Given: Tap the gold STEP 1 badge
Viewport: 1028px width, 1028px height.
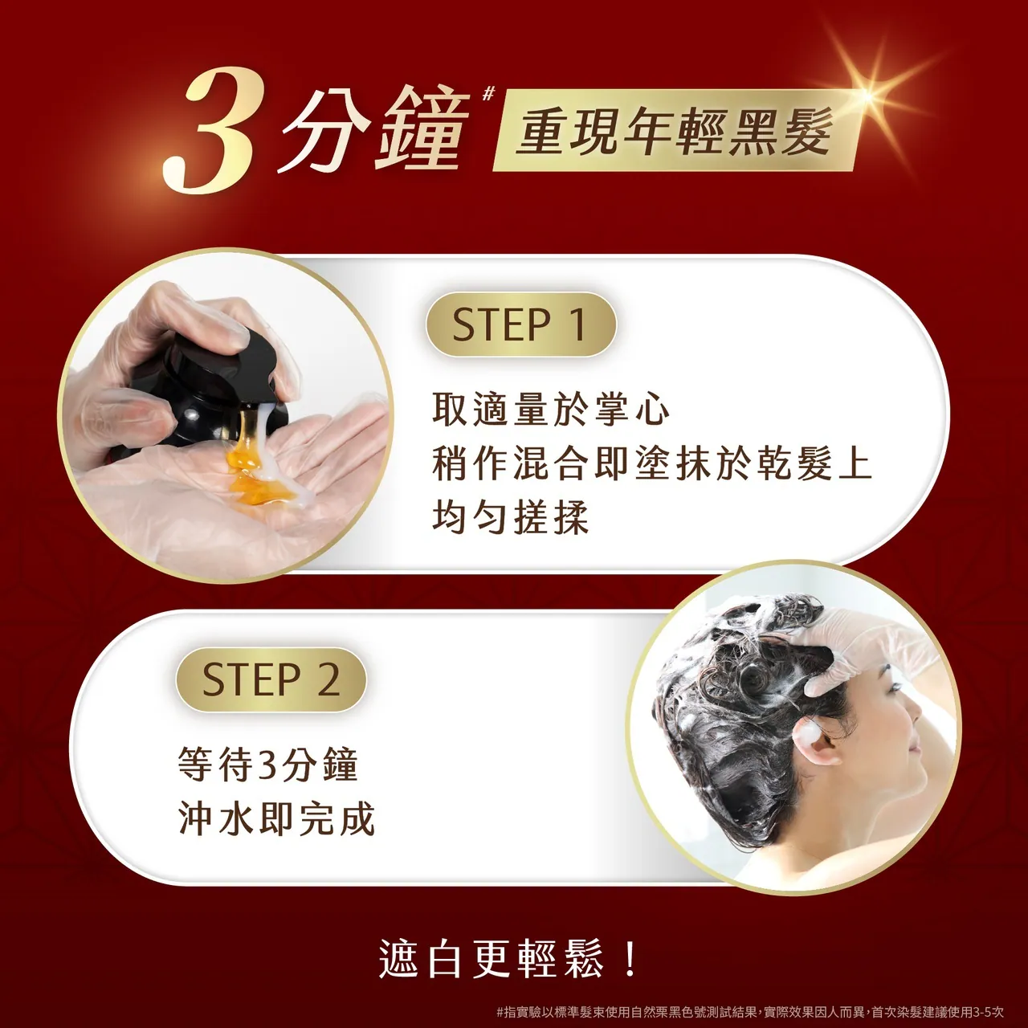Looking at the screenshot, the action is click(x=520, y=324).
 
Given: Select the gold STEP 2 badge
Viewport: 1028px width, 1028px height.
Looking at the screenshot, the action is click(x=271, y=679).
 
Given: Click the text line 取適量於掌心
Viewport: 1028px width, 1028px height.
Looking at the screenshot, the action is click(x=550, y=410).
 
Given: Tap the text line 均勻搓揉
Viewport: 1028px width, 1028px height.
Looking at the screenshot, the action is click(x=511, y=517).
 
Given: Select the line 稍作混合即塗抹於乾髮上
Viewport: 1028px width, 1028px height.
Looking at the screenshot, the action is click(x=651, y=463).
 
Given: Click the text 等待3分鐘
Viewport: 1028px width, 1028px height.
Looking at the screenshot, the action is click(x=267, y=764).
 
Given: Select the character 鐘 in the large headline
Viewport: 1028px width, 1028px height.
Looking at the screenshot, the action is click(x=422, y=128).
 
